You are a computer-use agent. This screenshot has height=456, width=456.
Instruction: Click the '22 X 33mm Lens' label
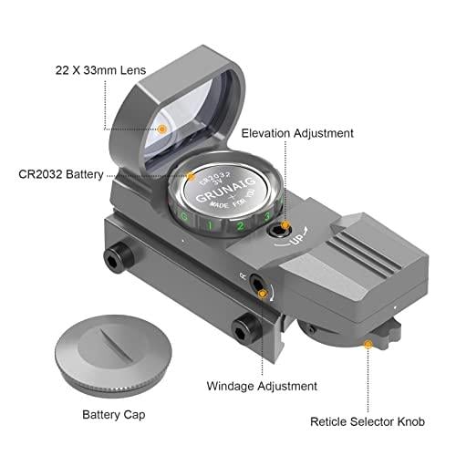pyautogui.click(x=100, y=70)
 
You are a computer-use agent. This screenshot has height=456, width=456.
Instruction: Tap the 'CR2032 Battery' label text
pyautogui.click(x=61, y=174)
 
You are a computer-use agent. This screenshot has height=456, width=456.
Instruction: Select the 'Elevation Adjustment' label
pyautogui.click(x=297, y=133)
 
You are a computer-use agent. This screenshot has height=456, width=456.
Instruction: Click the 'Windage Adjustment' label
pyautogui.click(x=262, y=386)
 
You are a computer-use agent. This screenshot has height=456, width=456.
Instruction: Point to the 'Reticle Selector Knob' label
pyautogui.click(x=368, y=421)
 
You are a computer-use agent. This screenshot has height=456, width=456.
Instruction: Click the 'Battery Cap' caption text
pyautogui.click(x=114, y=415)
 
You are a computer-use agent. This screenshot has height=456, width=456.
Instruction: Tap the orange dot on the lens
pyautogui.click(x=162, y=130)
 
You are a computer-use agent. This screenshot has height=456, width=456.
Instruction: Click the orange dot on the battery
pyautogui.click(x=191, y=176)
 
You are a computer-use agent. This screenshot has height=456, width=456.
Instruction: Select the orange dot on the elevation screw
pyautogui.click(x=285, y=225)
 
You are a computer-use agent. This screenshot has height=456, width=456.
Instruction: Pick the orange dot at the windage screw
pyautogui.click(x=262, y=294)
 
